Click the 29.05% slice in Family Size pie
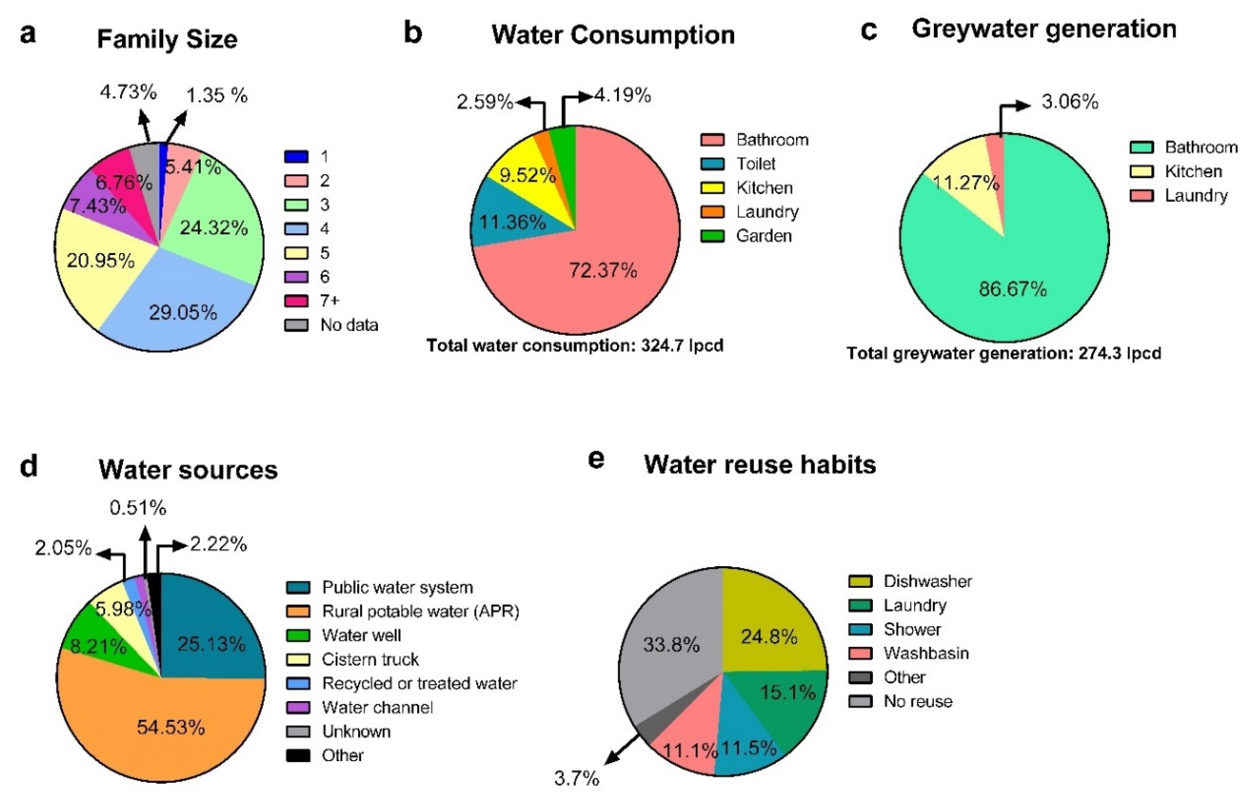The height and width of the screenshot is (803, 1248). pos(182,312)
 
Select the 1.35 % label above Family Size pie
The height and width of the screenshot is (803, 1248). pos(216,96)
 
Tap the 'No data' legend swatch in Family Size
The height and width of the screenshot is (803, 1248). pos(296,325)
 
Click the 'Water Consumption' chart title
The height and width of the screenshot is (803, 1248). pos(613,35)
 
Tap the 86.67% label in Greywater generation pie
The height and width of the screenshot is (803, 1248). pos(1012,288)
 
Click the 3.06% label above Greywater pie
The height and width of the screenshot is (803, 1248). pos(1069,102)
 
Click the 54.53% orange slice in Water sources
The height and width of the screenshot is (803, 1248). pos(170,727)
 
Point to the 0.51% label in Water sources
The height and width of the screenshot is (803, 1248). pos(138,507)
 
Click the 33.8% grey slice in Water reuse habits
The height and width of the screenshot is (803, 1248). pos(671,645)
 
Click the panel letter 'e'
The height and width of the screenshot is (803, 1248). pos(596,459)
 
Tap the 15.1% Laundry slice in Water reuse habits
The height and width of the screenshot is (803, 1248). pos(787,692)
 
